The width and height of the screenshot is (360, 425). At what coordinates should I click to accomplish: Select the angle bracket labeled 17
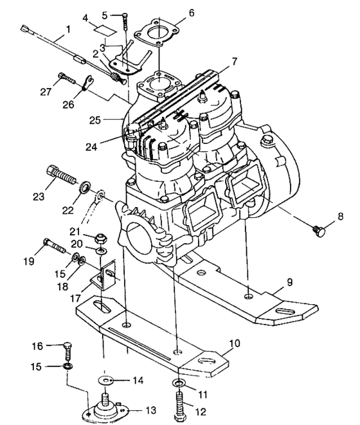(105, 278)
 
